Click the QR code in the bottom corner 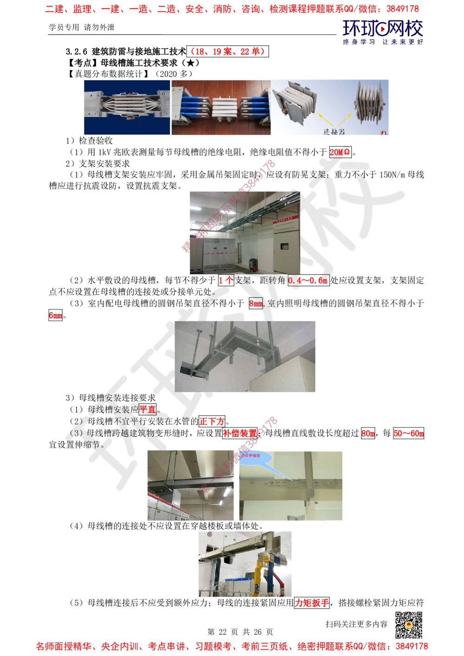tap(408, 625)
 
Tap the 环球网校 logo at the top tap(382, 32)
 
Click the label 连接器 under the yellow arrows tap(334, 132)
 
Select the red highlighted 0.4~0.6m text tap(308, 280)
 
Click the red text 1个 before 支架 tap(226, 280)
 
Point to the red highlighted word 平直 tap(148, 409)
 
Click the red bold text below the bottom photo tap(312, 603)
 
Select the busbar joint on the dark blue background tap(126, 107)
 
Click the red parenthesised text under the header tap(227, 51)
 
